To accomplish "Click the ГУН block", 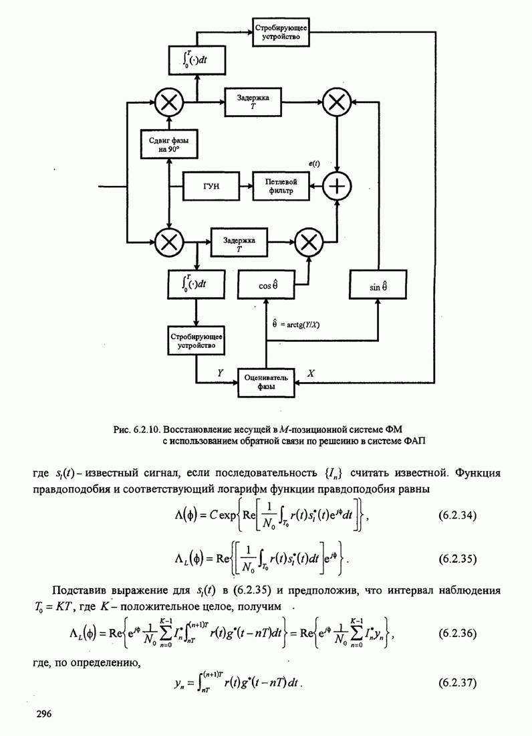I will click(211, 185).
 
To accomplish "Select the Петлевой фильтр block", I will click(281, 185).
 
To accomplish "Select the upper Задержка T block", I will click(253, 102).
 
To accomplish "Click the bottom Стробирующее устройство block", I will click(196, 341).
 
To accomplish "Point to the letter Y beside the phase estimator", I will click(220, 372).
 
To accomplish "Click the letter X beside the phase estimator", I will click(311, 373).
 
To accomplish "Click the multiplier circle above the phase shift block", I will click(170, 102).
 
